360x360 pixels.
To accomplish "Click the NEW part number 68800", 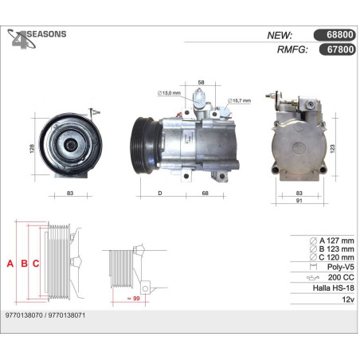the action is [x=340, y=35].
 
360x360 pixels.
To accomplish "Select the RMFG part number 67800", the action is [x=340, y=49].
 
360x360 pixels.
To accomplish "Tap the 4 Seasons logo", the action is [x=37, y=39].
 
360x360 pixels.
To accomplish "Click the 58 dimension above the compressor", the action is [x=201, y=83].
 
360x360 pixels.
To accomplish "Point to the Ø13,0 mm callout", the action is [x=169, y=93].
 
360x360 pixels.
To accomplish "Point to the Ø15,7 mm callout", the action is [x=239, y=100].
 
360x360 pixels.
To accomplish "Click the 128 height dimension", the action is [x=32, y=148].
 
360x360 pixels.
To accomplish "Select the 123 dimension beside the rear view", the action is [x=332, y=149].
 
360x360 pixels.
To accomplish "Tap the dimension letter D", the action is [x=160, y=194].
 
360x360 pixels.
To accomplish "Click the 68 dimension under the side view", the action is [x=205, y=194].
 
